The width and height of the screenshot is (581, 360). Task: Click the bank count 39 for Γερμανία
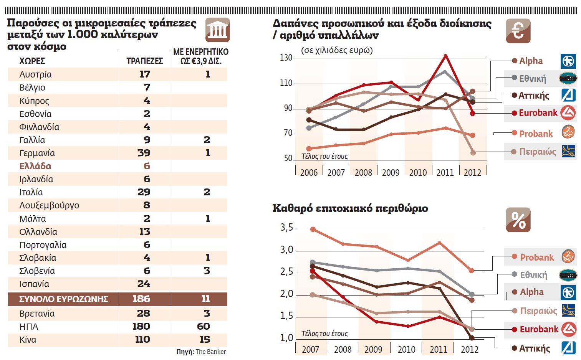pyautogui.click(x=144, y=153)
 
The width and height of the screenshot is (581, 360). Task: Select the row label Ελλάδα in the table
pyautogui.click(x=35, y=166)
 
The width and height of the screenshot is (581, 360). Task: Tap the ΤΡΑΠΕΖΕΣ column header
pyautogui.click(x=144, y=61)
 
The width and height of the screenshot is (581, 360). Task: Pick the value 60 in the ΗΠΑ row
pyautogui.click(x=203, y=326)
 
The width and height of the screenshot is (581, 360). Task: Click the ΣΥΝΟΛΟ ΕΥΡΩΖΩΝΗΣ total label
pyautogui.click(x=63, y=299)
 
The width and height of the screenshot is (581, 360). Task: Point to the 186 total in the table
pyautogui.click(x=141, y=299)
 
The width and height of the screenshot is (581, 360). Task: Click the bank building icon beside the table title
pyautogui.click(x=217, y=30)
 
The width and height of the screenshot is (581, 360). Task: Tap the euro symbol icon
pyautogui.click(x=518, y=31)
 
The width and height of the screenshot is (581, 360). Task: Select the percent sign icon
pyautogui.click(x=518, y=220)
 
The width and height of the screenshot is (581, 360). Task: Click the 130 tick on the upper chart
pyautogui.click(x=286, y=58)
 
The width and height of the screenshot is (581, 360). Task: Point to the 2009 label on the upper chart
pyautogui.click(x=391, y=173)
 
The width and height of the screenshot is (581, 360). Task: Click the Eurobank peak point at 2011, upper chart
pyautogui.click(x=445, y=56)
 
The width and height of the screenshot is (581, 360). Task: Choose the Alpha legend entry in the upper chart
pyautogui.click(x=531, y=61)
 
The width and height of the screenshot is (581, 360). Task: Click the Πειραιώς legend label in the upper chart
pyautogui.click(x=537, y=152)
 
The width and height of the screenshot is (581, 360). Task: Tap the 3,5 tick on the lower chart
pyautogui.click(x=286, y=228)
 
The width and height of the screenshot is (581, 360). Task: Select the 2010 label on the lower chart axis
pyautogui.click(x=406, y=350)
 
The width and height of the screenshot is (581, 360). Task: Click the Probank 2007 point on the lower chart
pyautogui.click(x=313, y=229)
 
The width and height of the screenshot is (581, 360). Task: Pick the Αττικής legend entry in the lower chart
pyautogui.click(x=534, y=348)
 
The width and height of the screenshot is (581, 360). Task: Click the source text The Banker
pyautogui.click(x=210, y=352)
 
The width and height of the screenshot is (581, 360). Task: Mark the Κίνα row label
pyautogui.click(x=28, y=340)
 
